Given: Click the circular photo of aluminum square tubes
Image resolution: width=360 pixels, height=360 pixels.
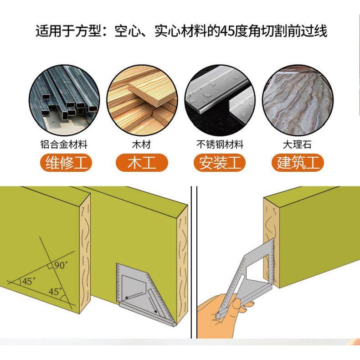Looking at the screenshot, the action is point(64,100).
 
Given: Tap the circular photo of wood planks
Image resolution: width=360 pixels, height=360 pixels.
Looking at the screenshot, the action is point(142,100).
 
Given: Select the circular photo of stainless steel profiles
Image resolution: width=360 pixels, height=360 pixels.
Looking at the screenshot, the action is point(220,100).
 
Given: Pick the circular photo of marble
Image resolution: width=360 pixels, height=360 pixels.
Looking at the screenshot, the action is point(298,100).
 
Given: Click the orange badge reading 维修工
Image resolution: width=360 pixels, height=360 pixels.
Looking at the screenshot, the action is point(66,163).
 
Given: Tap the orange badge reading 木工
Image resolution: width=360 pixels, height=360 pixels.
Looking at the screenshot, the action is point(142,163).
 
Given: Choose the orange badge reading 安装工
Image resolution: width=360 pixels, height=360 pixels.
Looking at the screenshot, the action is point(220,163).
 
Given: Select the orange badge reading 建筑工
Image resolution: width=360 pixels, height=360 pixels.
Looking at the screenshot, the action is point(298,163).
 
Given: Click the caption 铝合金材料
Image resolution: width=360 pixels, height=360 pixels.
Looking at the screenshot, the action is point(64,144).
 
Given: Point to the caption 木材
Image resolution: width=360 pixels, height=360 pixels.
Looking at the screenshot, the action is point(142,144).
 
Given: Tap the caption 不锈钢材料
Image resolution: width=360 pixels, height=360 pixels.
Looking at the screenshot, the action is point(220,144).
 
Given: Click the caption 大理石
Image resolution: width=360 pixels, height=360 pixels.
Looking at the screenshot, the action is point(297,144).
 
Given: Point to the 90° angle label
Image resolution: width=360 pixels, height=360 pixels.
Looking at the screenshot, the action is point(61,265).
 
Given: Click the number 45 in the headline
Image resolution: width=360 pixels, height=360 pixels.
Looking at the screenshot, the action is point(227,31).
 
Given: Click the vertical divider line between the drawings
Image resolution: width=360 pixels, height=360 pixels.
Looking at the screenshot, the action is point(191,262).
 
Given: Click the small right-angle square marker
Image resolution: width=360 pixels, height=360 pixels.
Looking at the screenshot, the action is point(49,266).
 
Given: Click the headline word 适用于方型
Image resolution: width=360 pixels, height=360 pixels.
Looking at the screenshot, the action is point(68,31).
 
